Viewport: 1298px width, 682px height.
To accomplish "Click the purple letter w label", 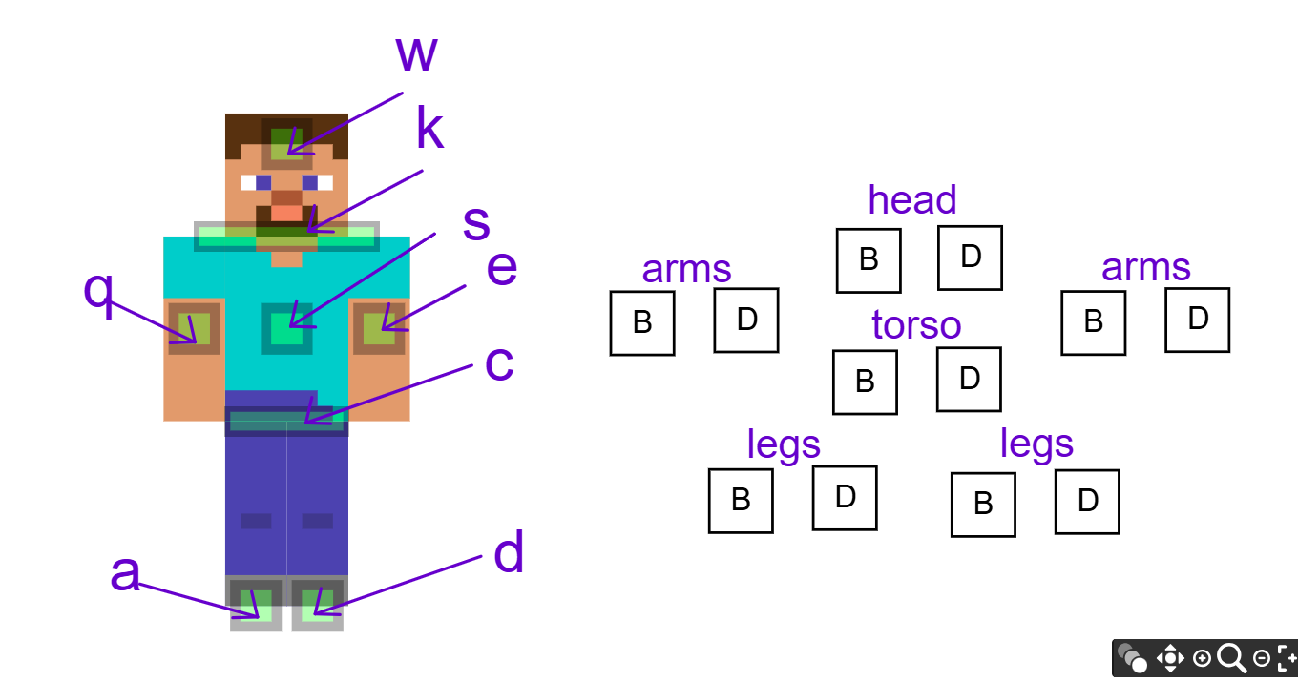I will pos(416,55).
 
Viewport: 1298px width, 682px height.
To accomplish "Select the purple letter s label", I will pos(476,222).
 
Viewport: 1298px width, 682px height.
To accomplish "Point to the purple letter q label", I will pos(98,289).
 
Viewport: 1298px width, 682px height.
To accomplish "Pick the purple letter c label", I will pos(499,362).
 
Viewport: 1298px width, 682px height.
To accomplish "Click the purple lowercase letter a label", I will pos(125,572).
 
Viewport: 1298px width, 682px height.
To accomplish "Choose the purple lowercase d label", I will pos(509,553).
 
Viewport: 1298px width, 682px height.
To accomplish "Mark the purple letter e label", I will pos(502,268).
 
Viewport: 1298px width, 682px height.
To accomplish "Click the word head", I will pos(911,200).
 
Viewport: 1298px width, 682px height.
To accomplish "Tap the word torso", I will pos(916,325).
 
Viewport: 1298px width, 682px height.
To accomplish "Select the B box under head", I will pos(869,259).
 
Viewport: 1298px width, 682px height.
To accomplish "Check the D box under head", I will pos(970,258).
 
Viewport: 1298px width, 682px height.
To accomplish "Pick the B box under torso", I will pos(865,382).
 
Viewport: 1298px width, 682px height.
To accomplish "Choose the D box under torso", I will pos(969,379).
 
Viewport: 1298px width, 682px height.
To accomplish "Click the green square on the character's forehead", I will pos(286,144).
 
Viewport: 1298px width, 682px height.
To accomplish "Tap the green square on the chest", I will pos(286,328).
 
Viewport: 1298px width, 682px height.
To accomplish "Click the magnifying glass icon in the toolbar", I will pos(1231,658).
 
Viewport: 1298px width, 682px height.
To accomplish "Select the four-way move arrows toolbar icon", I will pos(1170,658).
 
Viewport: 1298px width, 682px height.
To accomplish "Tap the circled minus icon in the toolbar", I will pos(1261,658).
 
